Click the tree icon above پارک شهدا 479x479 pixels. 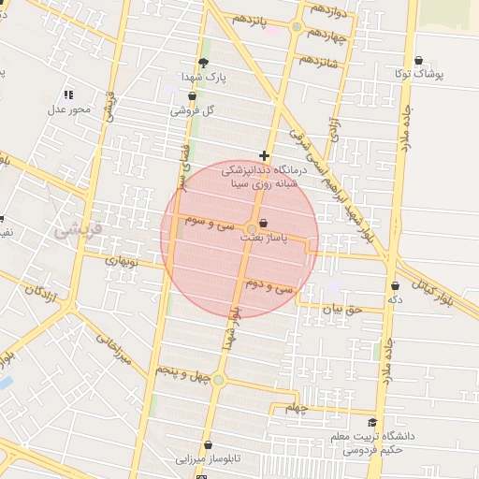(x=204, y=63)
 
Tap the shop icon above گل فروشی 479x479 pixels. (x=192, y=94)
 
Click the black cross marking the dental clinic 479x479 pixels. (x=265, y=156)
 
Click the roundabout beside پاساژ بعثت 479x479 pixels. (x=253, y=229)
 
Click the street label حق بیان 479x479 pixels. (x=341, y=308)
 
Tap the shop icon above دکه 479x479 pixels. (x=396, y=284)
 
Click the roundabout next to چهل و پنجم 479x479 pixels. (x=218, y=379)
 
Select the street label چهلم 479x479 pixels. (x=297, y=409)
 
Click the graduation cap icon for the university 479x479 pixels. (x=372, y=424)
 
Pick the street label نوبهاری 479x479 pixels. (x=123, y=263)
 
